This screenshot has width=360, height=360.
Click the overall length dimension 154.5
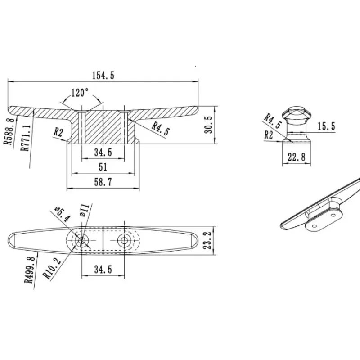tap(103, 75)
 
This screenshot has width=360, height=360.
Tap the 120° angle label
tap(80, 93)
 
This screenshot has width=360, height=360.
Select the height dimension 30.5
tap(209, 125)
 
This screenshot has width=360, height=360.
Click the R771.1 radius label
tap(26, 138)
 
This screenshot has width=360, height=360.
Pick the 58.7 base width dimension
tap(103, 182)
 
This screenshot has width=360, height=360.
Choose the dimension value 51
tap(103, 167)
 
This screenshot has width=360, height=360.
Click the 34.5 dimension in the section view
tap(103, 152)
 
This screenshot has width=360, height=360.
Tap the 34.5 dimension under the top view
tap(103, 269)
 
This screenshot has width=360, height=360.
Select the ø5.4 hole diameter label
tap(62, 214)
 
